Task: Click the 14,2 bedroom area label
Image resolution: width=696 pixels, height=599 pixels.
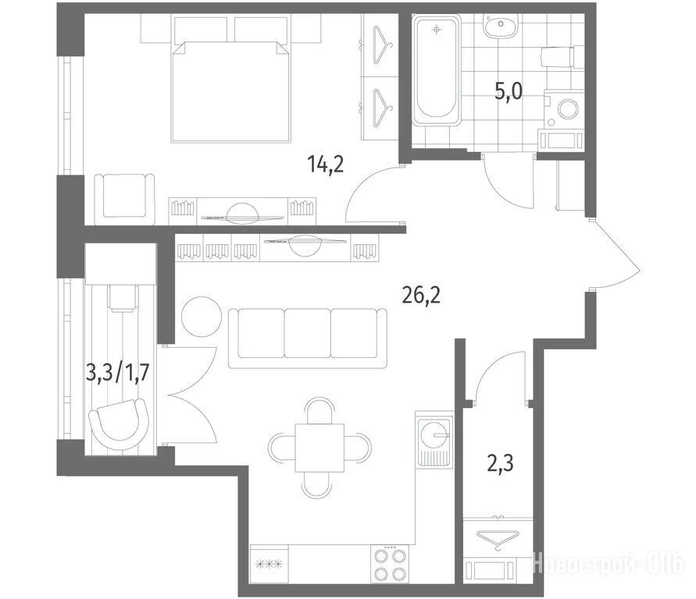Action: pyautogui.click(x=326, y=165)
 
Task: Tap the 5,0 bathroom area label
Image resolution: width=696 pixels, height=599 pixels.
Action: pyautogui.click(x=509, y=92)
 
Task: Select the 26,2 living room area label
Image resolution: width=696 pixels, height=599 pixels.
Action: pyautogui.click(x=421, y=296)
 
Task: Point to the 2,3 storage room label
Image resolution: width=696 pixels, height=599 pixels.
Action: pyautogui.click(x=500, y=463)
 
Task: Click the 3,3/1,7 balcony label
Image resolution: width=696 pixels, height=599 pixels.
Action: pyautogui.click(x=116, y=373)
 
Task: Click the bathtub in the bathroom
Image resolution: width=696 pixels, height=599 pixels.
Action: pyautogui.click(x=437, y=70)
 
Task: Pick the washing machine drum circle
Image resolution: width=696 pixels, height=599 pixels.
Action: pyautogui.click(x=568, y=109)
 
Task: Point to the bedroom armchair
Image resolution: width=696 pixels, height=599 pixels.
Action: pyautogui.click(x=124, y=197)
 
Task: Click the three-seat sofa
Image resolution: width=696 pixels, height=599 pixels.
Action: pyautogui.click(x=307, y=338)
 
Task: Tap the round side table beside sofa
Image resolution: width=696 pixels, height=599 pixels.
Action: pyautogui.click(x=202, y=317)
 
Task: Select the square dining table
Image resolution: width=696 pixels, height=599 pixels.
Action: pyautogui.click(x=319, y=448)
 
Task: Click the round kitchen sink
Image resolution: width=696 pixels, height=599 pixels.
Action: pyautogui.click(x=434, y=432)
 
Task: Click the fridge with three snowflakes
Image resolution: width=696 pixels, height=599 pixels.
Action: pyautogui.click(x=269, y=564)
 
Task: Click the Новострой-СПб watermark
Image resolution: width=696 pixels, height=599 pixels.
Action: pyautogui.click(x=608, y=565)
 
